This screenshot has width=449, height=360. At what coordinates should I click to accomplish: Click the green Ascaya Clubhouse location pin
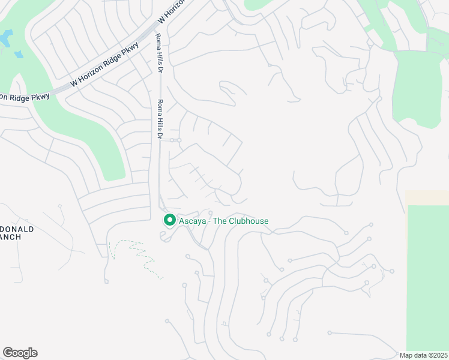(169, 221)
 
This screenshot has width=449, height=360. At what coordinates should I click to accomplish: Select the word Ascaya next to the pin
(192, 221)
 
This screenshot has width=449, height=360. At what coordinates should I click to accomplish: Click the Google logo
(20, 353)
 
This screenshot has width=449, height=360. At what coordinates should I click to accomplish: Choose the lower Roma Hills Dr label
(160, 119)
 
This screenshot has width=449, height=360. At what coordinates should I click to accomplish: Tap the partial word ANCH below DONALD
(11, 237)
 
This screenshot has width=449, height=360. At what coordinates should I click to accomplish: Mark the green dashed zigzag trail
(138, 255)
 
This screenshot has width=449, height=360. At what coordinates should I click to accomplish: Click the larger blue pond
(5, 39)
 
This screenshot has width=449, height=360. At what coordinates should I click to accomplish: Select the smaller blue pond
(19, 55)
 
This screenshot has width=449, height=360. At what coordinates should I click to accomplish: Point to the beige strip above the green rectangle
(427, 198)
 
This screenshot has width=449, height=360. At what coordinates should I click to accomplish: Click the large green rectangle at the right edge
(427, 276)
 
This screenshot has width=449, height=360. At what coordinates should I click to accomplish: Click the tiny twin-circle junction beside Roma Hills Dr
(175, 140)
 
